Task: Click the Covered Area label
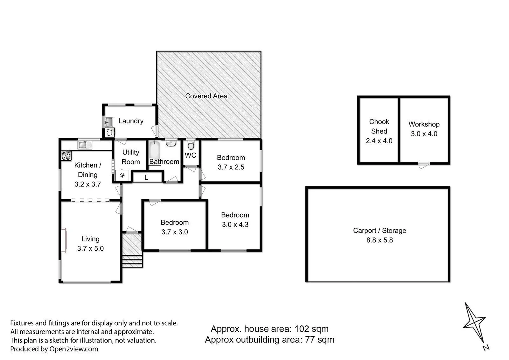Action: [206, 96]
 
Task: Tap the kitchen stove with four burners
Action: [66, 156]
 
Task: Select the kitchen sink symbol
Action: [85, 145]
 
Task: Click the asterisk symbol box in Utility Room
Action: [122, 175]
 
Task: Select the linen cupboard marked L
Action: [147, 177]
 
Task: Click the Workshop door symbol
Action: [424, 165]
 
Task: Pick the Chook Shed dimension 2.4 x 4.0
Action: [379, 141]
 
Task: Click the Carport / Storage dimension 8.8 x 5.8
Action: [379, 240]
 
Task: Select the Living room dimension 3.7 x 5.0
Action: [90, 248]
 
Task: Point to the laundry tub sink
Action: [109, 122]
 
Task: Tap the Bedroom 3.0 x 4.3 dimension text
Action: [235, 224]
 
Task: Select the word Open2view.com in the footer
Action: [74, 349]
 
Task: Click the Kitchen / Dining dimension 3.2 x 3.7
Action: [88, 184]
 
